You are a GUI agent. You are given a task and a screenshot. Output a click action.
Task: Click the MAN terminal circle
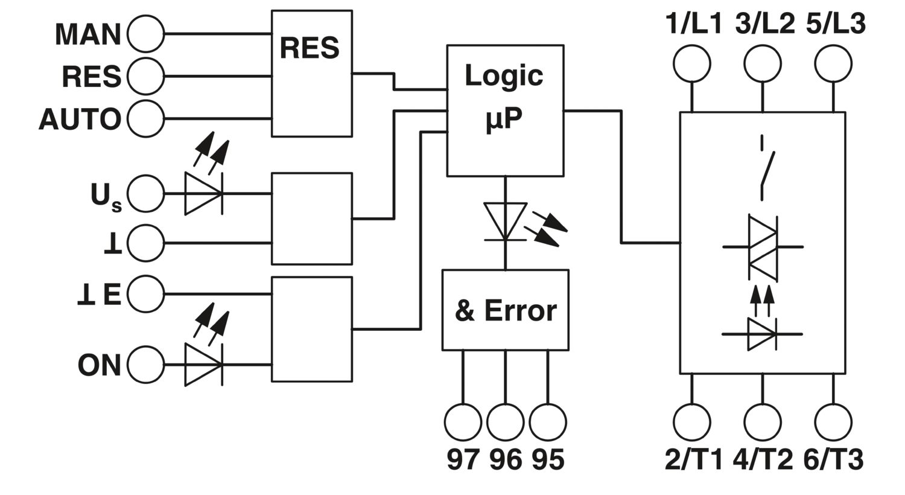pos(145,34)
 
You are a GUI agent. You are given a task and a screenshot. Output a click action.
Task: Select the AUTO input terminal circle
pos(145,119)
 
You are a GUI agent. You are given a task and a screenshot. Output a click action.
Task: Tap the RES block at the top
pos(311,74)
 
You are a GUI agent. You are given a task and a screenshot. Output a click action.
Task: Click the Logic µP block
pos(505,110)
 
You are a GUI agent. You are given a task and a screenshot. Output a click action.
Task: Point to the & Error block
pos(506,310)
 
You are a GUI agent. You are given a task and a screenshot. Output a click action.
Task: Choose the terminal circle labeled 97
pos(463,423)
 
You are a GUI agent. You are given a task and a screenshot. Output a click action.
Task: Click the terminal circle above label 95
pos(548,423)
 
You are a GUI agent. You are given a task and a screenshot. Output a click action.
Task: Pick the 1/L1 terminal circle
pos(692,64)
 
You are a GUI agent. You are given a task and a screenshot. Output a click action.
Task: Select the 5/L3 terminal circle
pos(833,64)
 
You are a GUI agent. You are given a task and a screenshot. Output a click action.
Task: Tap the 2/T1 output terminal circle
pos(692,423)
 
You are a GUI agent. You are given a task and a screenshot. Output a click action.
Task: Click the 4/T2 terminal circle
pos(763,423)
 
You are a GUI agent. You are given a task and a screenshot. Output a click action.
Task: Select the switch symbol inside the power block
pos(766,168)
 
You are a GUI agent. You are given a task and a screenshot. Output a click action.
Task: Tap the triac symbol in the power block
pos(763,247)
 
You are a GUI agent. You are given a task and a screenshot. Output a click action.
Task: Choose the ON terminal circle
pos(145,365)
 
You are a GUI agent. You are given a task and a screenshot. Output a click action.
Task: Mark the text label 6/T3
pos(833,459)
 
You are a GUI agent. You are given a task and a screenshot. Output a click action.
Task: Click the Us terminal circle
pos(145,194)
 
